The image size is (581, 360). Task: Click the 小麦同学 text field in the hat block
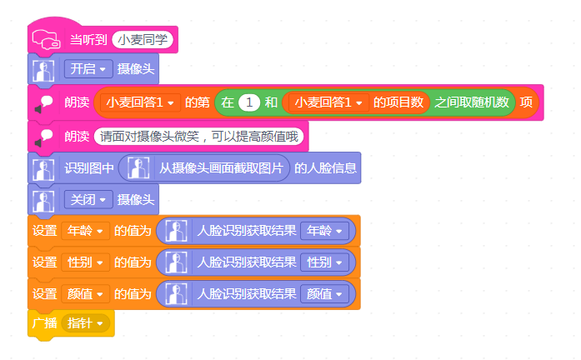[x=143, y=40]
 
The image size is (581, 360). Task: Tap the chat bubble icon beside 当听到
[x=47, y=39]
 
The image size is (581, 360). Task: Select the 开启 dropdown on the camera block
[x=88, y=69]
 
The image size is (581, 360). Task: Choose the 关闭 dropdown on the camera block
[x=88, y=200]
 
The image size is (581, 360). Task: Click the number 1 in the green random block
[x=249, y=102]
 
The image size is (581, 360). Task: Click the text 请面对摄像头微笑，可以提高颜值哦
[x=199, y=137]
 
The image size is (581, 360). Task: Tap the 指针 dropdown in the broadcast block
[x=85, y=323]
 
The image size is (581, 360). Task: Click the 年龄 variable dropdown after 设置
[x=85, y=231]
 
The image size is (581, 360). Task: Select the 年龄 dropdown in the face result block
[x=324, y=231]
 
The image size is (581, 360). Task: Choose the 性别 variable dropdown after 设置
[x=85, y=262]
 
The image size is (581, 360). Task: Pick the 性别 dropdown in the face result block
[x=324, y=262]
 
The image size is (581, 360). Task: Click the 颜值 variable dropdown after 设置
[x=85, y=294]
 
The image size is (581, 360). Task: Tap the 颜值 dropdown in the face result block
[x=324, y=294]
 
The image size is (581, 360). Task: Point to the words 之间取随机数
[x=472, y=102]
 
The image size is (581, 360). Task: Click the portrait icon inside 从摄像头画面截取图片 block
[x=138, y=168]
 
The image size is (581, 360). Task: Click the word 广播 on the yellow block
[x=44, y=323]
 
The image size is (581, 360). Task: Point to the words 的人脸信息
[x=325, y=168]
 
